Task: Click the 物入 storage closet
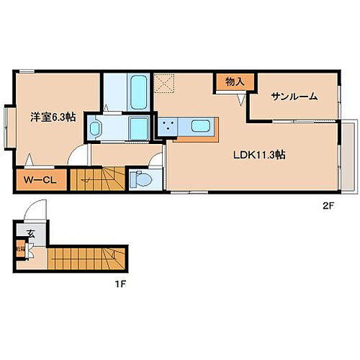click(230, 82)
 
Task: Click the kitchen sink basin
click(202, 128)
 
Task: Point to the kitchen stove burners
click(171, 128)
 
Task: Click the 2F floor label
click(329, 204)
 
